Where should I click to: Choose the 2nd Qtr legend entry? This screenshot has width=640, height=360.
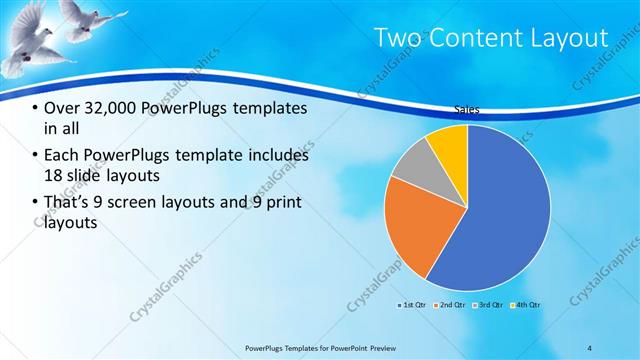pyautogui.click(x=449, y=304)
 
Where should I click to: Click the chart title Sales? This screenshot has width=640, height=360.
pyautogui.click(x=467, y=112)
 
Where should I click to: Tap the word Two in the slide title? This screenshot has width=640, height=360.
pyautogui.click(x=397, y=38)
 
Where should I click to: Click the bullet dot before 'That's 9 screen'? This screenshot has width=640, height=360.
pyautogui.click(x=36, y=203)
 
